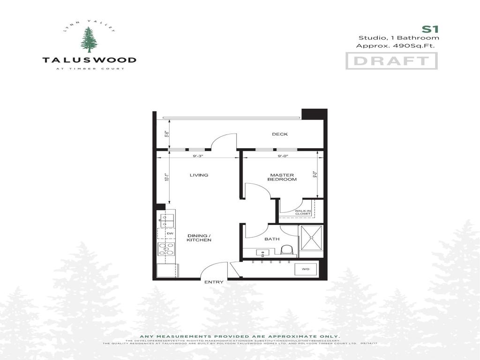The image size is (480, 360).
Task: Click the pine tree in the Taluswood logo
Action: point(89,40)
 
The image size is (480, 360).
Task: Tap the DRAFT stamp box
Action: point(391,61)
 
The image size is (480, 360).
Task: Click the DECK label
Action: point(280,135)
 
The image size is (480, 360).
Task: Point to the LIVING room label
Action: point(199,175)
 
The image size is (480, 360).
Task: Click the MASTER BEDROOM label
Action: point(283,177)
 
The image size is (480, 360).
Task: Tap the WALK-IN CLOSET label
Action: point(303,212)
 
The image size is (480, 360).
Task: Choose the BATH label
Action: point(272,239)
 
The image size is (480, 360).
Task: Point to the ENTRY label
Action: point(214,282)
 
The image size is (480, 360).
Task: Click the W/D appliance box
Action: point(306,269)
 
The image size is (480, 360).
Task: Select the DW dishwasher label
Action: point(170,233)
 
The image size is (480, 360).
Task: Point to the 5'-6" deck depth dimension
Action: point(166,134)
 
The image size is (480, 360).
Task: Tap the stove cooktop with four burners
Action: point(166,249)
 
